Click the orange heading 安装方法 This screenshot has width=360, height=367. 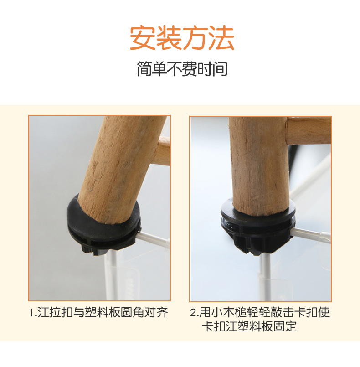pos(182,38)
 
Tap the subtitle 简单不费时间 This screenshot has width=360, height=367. pos(182,69)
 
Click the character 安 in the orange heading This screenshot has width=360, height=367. pos(142,38)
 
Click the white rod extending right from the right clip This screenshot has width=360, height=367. pos(311,235)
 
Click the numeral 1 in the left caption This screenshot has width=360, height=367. pos(31,313)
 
